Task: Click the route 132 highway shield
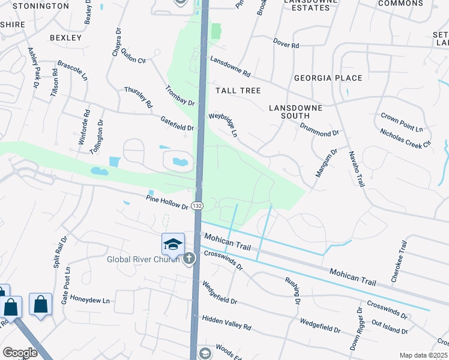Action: [x=198, y=206]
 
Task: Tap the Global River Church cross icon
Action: [x=189, y=259]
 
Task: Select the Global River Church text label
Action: [x=143, y=259]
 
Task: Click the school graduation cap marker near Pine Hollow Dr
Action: [x=172, y=244]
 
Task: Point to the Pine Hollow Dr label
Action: [x=167, y=203]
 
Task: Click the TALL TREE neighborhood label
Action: [x=238, y=91]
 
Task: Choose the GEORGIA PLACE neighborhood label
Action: [x=328, y=78]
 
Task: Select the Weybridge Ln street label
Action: [x=223, y=124]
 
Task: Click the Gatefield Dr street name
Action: [x=177, y=124]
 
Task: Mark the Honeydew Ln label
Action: [x=89, y=301]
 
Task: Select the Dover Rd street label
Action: [x=286, y=44]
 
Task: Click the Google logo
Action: [x=20, y=353]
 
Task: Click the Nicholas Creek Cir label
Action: [x=405, y=139]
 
